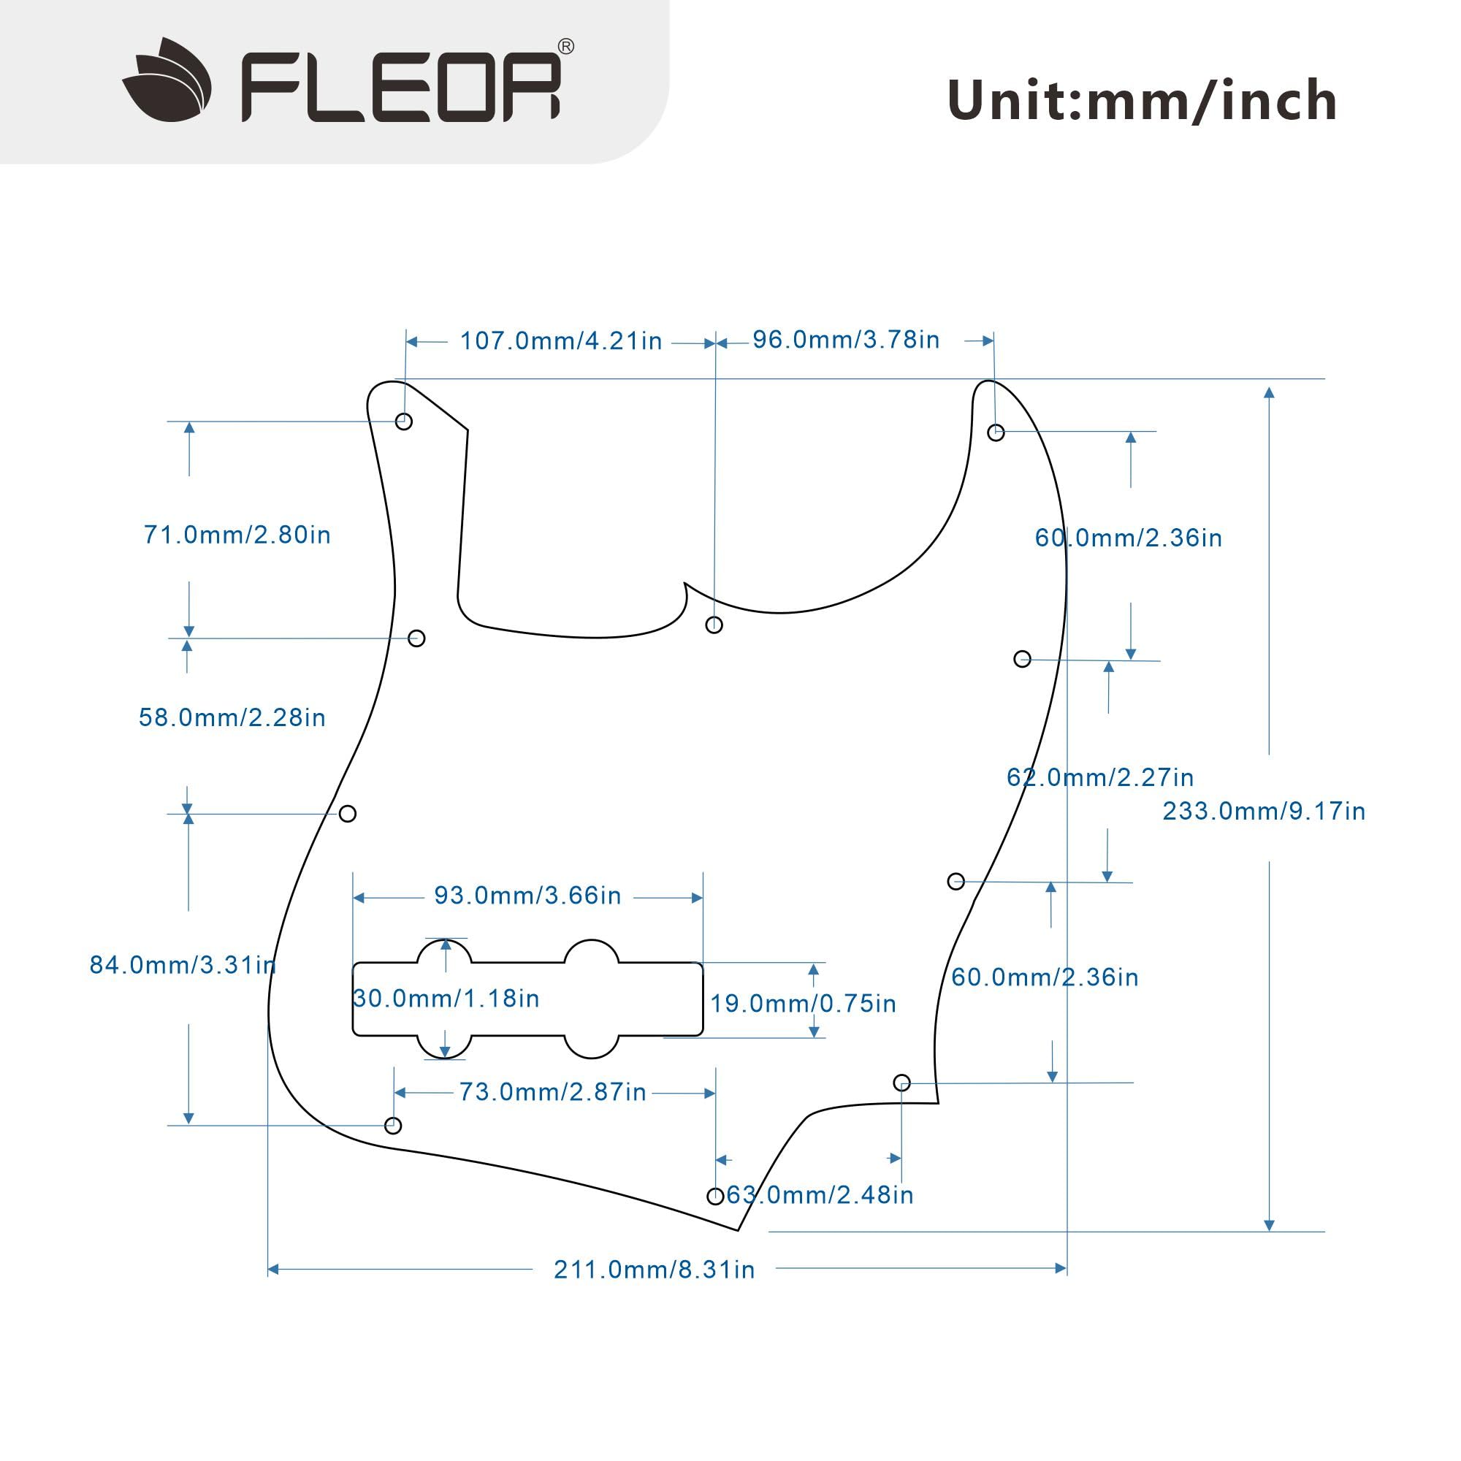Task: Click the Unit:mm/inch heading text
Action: pos(1142,101)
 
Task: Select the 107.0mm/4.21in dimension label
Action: pos(561,341)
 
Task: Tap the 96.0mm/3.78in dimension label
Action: pos(845,340)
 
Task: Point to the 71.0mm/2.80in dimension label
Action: pos(237,535)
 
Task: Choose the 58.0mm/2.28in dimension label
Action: pos(232,717)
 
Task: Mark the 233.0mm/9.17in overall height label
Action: pos(1264,811)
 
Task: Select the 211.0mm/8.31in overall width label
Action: pos(654,1269)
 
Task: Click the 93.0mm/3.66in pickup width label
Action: pos(527,896)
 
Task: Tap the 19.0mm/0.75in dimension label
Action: pos(803,1004)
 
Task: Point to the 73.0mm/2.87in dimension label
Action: pos(553,1091)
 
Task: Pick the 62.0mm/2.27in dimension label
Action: pos(1099,777)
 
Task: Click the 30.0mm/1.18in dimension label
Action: pos(446,998)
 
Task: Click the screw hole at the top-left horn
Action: pos(404,421)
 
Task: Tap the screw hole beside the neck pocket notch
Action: pos(714,625)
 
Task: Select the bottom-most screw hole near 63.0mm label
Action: pos(715,1196)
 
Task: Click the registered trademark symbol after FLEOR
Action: pos(565,47)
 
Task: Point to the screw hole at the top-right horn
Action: pos(996,432)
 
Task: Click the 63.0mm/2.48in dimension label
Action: pos(820,1195)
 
